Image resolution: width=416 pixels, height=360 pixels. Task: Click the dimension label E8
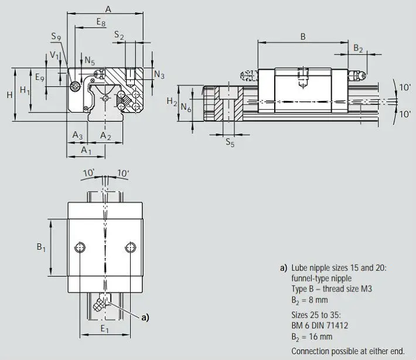point(101,22)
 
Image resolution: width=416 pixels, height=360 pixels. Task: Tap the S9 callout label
point(56,36)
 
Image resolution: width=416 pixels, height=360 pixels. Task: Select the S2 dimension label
point(119,35)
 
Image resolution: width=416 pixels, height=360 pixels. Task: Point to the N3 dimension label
point(159,74)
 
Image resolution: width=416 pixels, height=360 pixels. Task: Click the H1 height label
point(25,90)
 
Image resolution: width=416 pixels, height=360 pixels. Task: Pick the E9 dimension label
point(40,77)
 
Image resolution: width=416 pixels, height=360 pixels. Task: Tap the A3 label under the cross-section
point(77,135)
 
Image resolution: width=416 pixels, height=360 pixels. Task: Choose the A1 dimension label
point(86,150)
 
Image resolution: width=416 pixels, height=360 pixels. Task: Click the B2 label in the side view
point(358,49)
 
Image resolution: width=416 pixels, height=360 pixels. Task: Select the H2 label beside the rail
point(172,101)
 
